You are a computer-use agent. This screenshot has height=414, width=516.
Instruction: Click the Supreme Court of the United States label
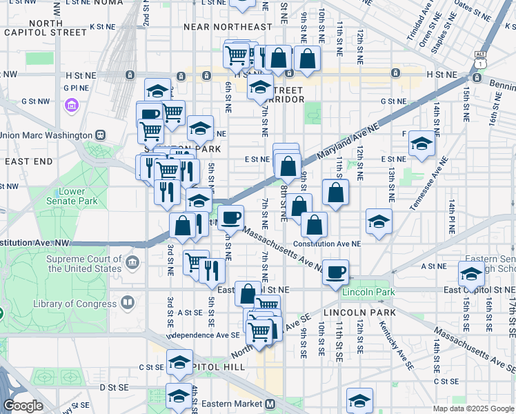click(x=83, y=263)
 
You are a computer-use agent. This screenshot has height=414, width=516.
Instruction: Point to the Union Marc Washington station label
click(x=47, y=135)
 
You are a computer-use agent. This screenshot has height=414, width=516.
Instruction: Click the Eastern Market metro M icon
click(x=270, y=404)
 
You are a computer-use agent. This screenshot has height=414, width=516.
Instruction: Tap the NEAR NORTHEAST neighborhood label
click(x=228, y=27)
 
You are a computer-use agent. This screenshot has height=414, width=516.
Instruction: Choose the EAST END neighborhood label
click(x=28, y=161)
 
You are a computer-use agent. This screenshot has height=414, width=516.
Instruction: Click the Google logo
click(x=23, y=406)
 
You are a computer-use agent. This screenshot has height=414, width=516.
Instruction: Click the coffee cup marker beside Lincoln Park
click(x=336, y=271)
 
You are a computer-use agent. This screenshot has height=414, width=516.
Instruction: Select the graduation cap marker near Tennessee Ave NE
click(x=422, y=143)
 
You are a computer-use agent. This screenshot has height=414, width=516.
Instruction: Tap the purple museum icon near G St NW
click(x=71, y=106)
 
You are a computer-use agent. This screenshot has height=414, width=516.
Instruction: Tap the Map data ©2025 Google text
click(x=473, y=408)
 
